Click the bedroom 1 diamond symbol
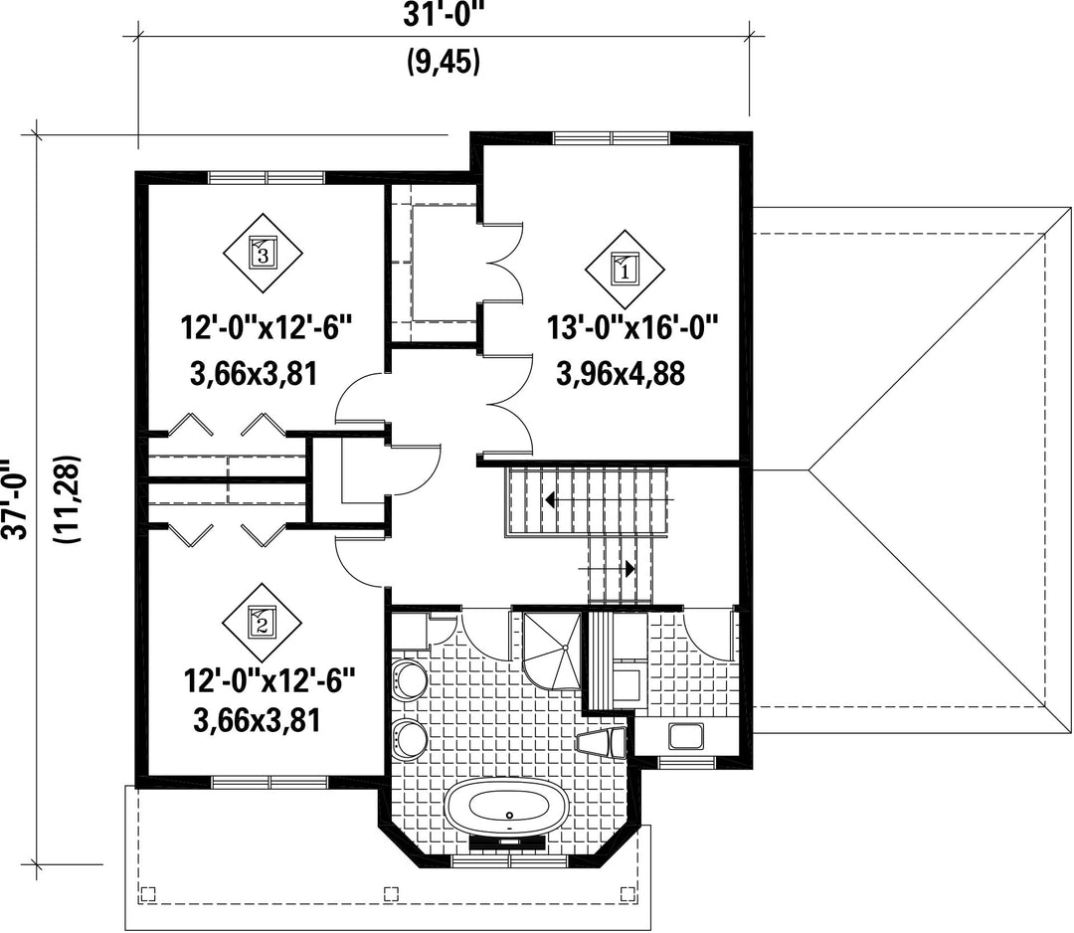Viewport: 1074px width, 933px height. (x=624, y=269)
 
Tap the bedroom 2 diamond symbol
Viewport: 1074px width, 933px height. (x=262, y=622)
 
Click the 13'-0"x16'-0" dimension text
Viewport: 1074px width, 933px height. (x=631, y=328)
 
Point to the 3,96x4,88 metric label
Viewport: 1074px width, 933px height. (x=621, y=375)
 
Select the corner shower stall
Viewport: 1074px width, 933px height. (x=551, y=652)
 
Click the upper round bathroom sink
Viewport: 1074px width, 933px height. (x=409, y=679)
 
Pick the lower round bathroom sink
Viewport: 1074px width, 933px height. (x=409, y=738)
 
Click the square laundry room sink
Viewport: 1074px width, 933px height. (x=685, y=736)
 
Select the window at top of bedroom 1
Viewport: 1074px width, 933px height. (x=612, y=137)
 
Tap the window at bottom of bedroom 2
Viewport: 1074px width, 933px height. (x=269, y=782)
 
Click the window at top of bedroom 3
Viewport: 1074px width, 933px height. (x=267, y=177)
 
